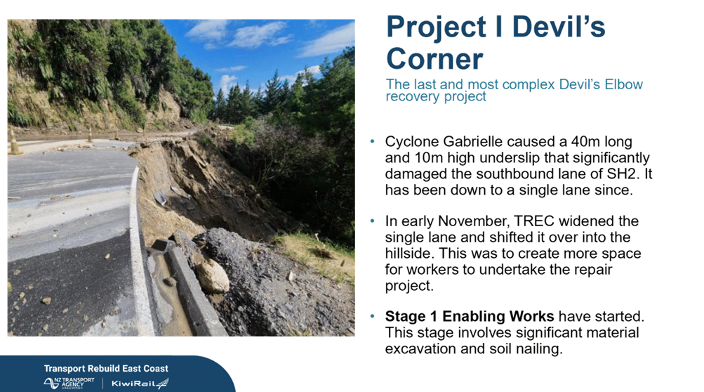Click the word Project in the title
pyautogui.click(x=436, y=27)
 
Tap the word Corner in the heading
pyautogui.click(x=434, y=59)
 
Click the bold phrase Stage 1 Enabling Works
pyautogui.click(x=470, y=316)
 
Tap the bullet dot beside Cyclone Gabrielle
pyautogui.click(x=372, y=142)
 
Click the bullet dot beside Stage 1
pyautogui.click(x=372, y=316)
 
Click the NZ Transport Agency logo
pyautogui.click(x=69, y=383)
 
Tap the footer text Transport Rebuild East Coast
pyautogui.click(x=106, y=369)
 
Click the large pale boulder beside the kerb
pyautogui.click(x=211, y=276)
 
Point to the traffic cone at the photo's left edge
pyautogui.click(x=14, y=142)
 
